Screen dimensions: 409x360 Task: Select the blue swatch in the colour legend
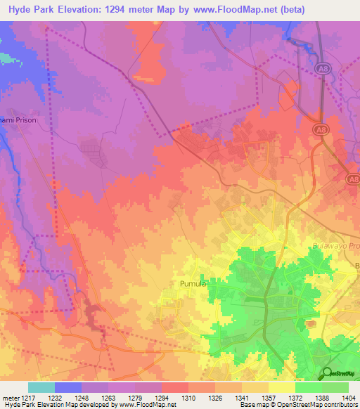tap(68, 387)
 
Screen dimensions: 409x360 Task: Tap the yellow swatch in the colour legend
tap(281, 387)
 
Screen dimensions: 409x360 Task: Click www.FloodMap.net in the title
tap(264, 8)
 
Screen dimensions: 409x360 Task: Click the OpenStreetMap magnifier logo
tap(328, 373)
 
